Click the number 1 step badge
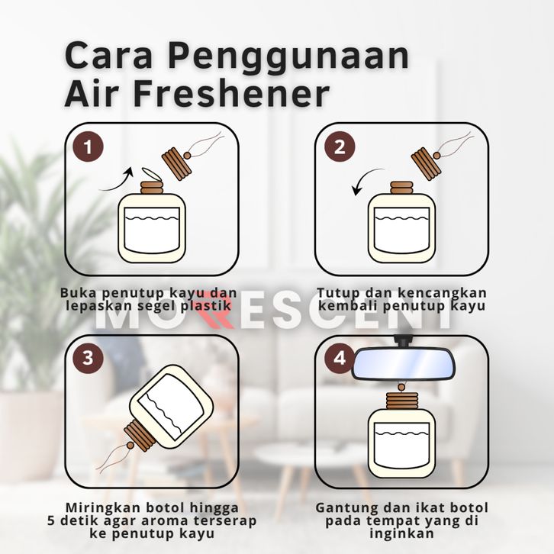[x=89, y=147]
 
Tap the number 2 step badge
[x=340, y=147]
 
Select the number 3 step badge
[x=88, y=358]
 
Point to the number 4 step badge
[x=339, y=358]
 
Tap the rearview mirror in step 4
[x=403, y=363]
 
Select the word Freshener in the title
[x=230, y=94]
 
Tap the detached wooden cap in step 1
[x=177, y=163]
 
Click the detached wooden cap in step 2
[x=427, y=163]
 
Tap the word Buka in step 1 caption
[x=79, y=292]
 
